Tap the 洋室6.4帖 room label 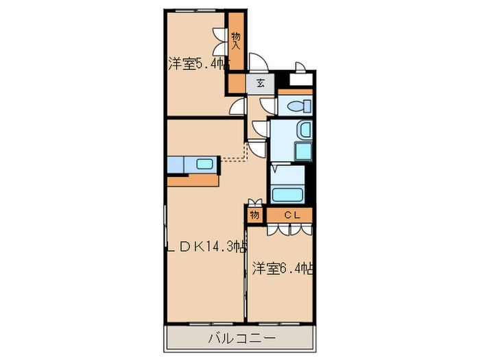click(282, 267)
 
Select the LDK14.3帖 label click(206, 248)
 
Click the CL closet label click(291, 215)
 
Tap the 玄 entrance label click(261, 84)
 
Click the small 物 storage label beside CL click(254, 215)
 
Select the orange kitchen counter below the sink click(193, 180)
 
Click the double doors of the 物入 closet click(221, 41)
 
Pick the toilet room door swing click(268, 106)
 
